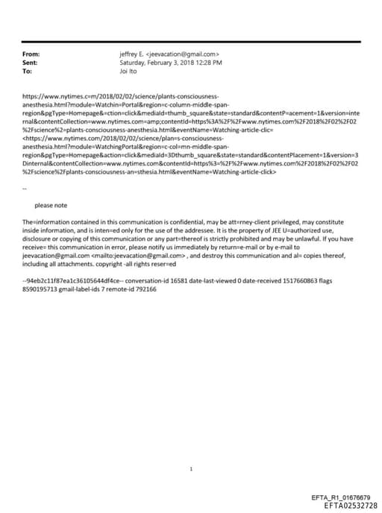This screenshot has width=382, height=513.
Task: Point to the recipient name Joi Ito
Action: tap(131, 72)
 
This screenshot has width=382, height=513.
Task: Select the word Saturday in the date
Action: tap(132, 63)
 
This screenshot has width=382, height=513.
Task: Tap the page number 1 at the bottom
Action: tap(192, 448)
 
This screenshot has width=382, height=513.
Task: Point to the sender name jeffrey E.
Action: tap(131, 54)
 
